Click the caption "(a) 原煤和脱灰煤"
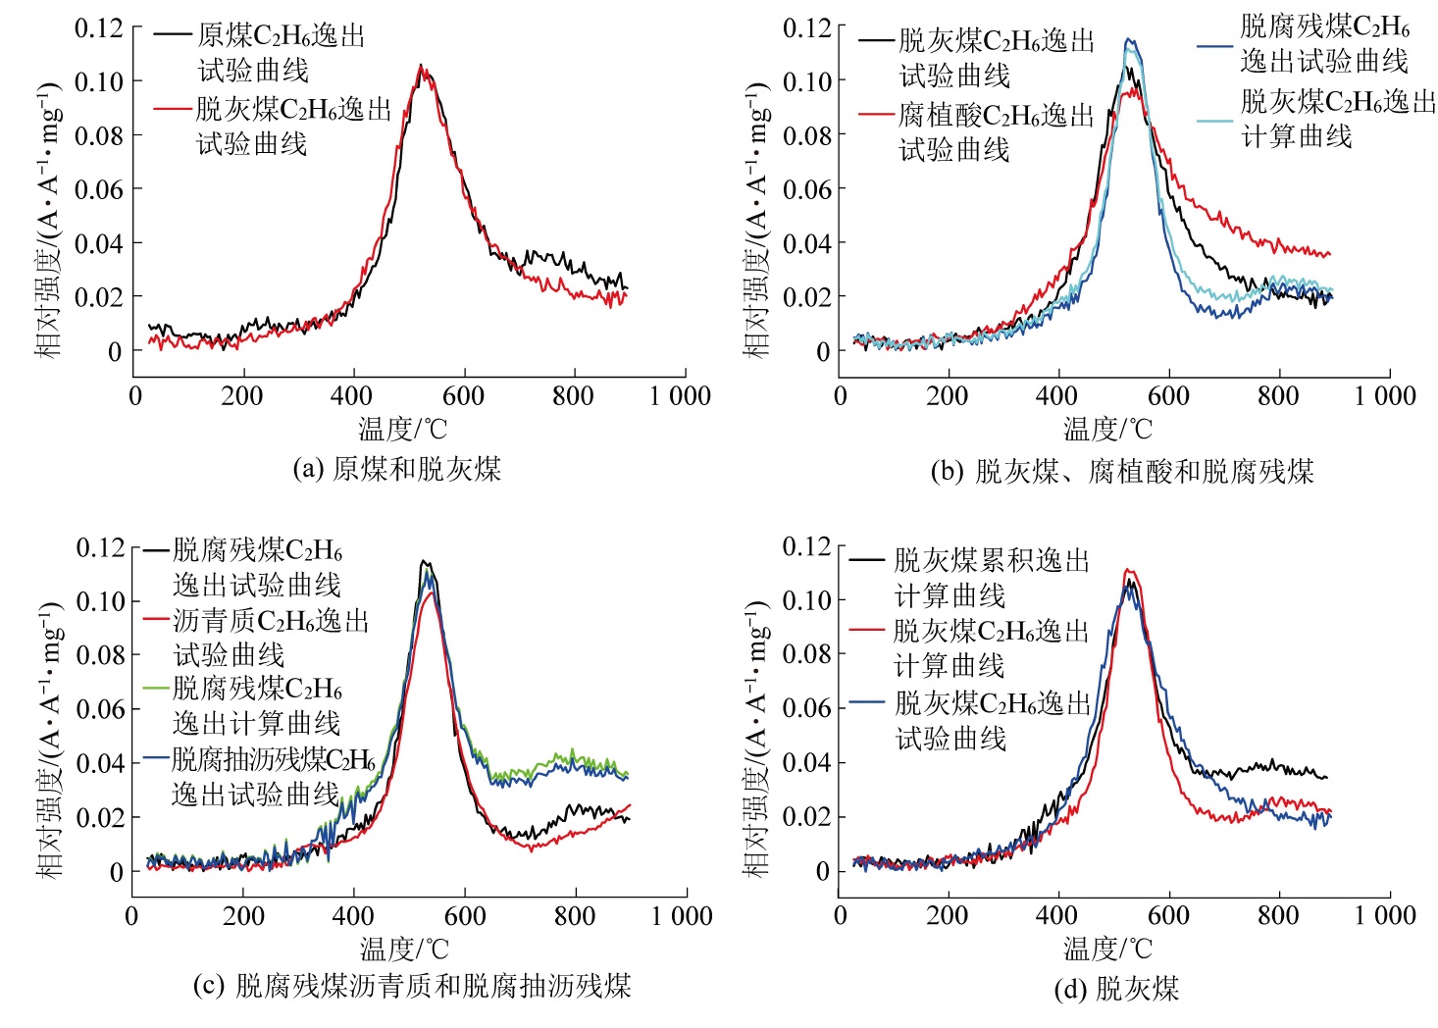point(396,469)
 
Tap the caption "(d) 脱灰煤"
point(1115,988)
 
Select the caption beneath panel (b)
point(1121,472)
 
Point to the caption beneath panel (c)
point(411,986)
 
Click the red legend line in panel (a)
point(174,108)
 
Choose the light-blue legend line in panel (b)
point(1215,122)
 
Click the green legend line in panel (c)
point(157,688)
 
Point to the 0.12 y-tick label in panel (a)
point(99,27)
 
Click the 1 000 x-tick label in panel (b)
point(1385,396)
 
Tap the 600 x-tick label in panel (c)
point(464,916)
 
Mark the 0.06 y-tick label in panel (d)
point(807,708)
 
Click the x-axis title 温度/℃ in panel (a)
point(402,429)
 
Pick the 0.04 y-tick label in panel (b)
point(807,243)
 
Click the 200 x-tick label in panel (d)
point(947,916)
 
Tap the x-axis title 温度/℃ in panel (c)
point(403,949)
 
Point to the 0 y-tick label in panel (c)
point(117,872)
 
